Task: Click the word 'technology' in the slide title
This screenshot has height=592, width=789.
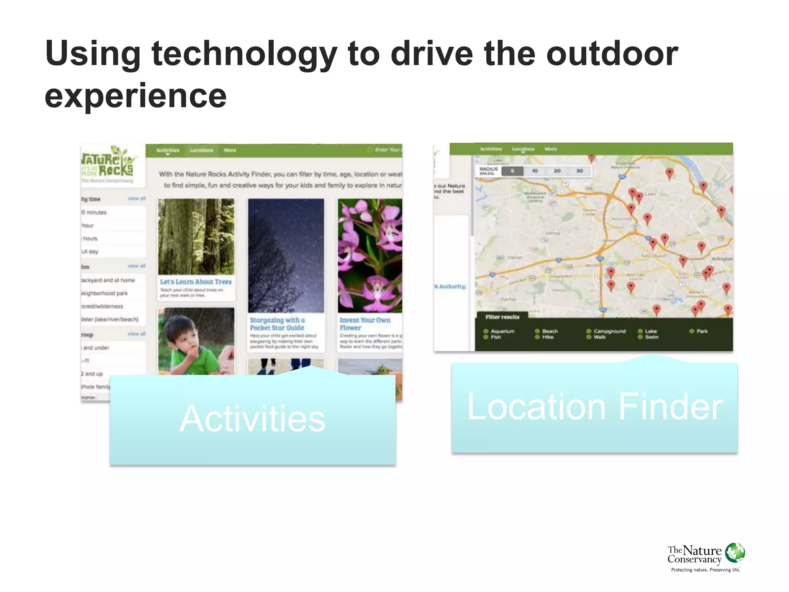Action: click(244, 54)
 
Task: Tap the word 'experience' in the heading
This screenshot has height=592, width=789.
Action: click(136, 96)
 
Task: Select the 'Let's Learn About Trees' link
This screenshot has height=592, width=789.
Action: click(196, 282)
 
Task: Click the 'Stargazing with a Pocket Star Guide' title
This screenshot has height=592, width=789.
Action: click(277, 324)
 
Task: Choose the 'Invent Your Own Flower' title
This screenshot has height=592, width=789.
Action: click(365, 324)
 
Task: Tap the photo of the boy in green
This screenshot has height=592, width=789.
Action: click(196, 341)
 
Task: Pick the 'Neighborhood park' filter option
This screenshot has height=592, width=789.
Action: click(104, 293)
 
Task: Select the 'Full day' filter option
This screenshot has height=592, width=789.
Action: click(90, 252)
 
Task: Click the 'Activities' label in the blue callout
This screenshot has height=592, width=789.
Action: click(253, 419)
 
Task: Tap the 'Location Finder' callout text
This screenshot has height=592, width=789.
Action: click(595, 407)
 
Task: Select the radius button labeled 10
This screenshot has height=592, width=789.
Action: click(535, 171)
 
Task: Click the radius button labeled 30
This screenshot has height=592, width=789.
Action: click(579, 171)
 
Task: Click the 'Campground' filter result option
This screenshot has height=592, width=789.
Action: click(609, 331)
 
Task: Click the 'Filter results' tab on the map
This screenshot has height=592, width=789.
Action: click(502, 317)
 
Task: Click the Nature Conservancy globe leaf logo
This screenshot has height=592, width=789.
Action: click(735, 553)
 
